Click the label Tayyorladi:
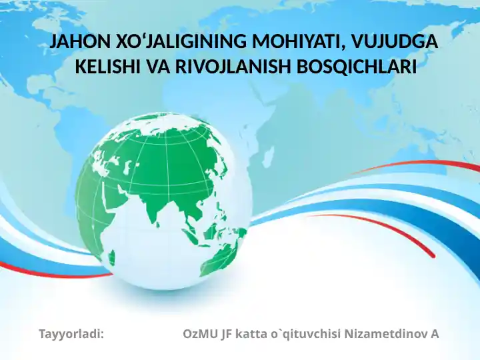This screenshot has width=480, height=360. click(x=72, y=333)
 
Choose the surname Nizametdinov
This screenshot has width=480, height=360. click(x=386, y=333)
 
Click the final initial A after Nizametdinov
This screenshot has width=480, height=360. click(x=434, y=333)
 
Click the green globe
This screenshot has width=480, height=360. click(x=163, y=200)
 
